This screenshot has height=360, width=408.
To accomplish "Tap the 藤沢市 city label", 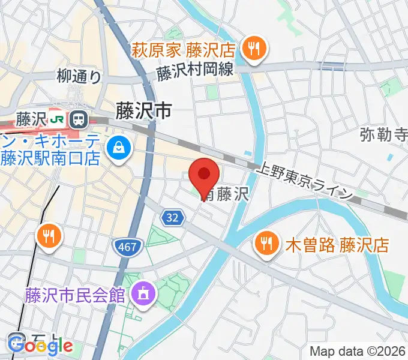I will pyautogui.click(x=143, y=110).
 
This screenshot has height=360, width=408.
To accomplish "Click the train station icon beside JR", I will pyautogui.click(x=77, y=119).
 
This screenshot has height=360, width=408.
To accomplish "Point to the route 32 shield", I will pyautogui.click(x=172, y=219).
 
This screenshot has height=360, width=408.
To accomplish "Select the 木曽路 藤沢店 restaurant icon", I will pyautogui.click(x=266, y=243).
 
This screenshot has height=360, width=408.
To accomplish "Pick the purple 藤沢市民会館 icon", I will pyautogui.click(x=143, y=294).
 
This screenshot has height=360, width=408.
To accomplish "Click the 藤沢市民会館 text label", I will pyautogui.click(x=74, y=295).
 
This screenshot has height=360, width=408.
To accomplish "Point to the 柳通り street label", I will pyautogui.click(x=79, y=76).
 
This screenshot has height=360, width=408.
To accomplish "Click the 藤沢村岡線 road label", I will pyautogui.click(x=194, y=71).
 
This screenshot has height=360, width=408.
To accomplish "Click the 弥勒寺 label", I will pyautogui.click(x=383, y=134).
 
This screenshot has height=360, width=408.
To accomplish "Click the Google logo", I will pyautogui.click(x=41, y=346).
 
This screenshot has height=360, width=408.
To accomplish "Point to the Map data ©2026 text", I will pyautogui.click(x=358, y=351).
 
